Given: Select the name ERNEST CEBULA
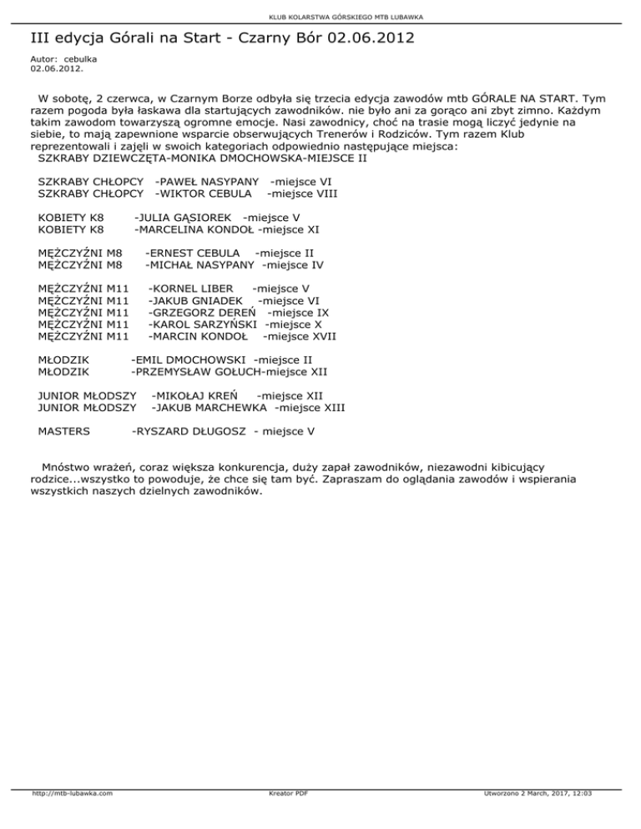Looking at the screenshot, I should tap(195, 253).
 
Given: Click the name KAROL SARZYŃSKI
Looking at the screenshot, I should tap(204, 324).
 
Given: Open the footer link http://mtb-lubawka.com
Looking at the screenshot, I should tap(73, 816).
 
